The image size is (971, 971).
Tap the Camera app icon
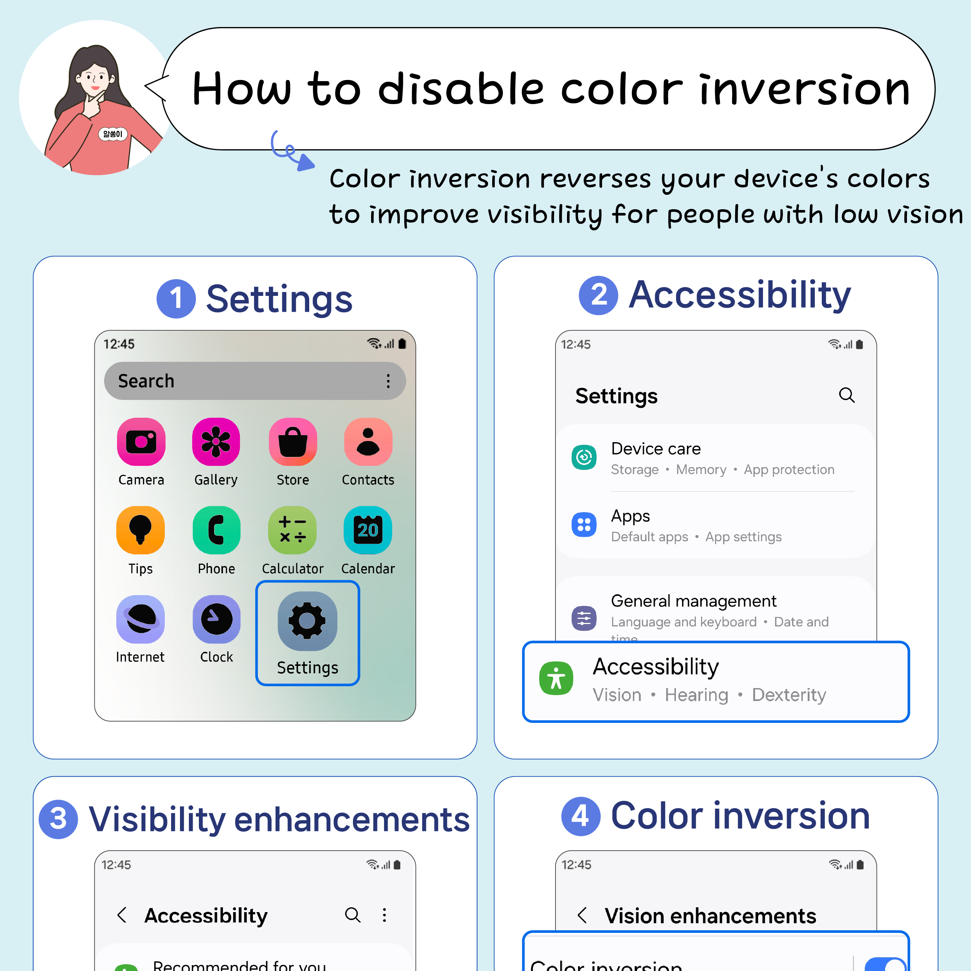(x=141, y=442)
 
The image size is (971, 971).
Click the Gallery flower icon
(x=216, y=442)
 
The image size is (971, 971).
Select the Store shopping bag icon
(x=293, y=442)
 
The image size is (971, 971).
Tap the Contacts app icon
(x=368, y=442)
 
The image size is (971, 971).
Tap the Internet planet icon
(x=140, y=619)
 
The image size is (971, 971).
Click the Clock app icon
(x=216, y=619)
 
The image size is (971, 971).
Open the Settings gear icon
(x=307, y=621)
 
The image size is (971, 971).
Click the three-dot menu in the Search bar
(x=388, y=381)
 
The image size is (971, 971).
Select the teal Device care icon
(x=584, y=457)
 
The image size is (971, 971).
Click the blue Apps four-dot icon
(x=584, y=525)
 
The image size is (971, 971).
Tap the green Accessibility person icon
(x=556, y=678)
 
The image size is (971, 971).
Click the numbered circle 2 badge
(x=598, y=296)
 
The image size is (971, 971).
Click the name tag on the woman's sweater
(x=113, y=134)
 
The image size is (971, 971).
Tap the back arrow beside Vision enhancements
(x=583, y=915)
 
